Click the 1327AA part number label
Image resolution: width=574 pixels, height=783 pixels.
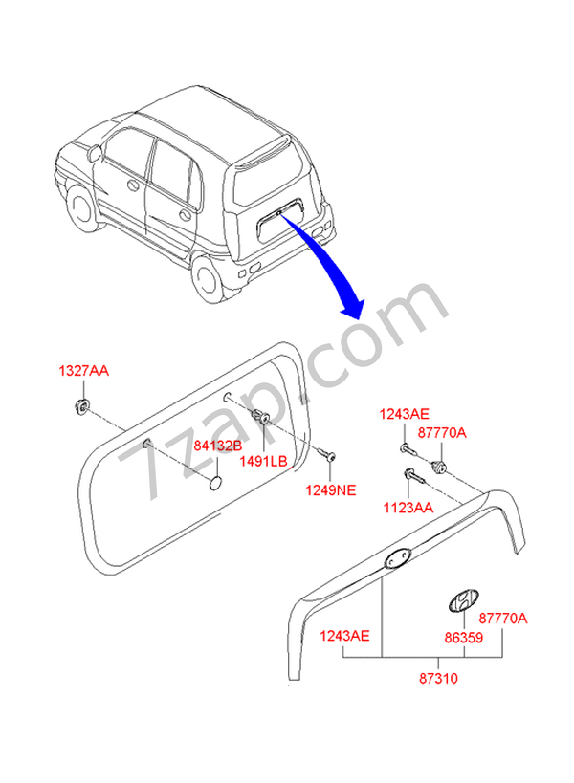[x=83, y=371]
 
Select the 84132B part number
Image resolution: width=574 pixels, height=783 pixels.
[x=218, y=446]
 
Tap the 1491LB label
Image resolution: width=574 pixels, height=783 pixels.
[x=265, y=461]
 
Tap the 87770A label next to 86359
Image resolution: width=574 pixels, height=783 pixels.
[x=503, y=618]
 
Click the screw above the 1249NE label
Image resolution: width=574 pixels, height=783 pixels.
[x=328, y=456]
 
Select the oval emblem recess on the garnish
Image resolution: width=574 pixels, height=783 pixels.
[x=398, y=560]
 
